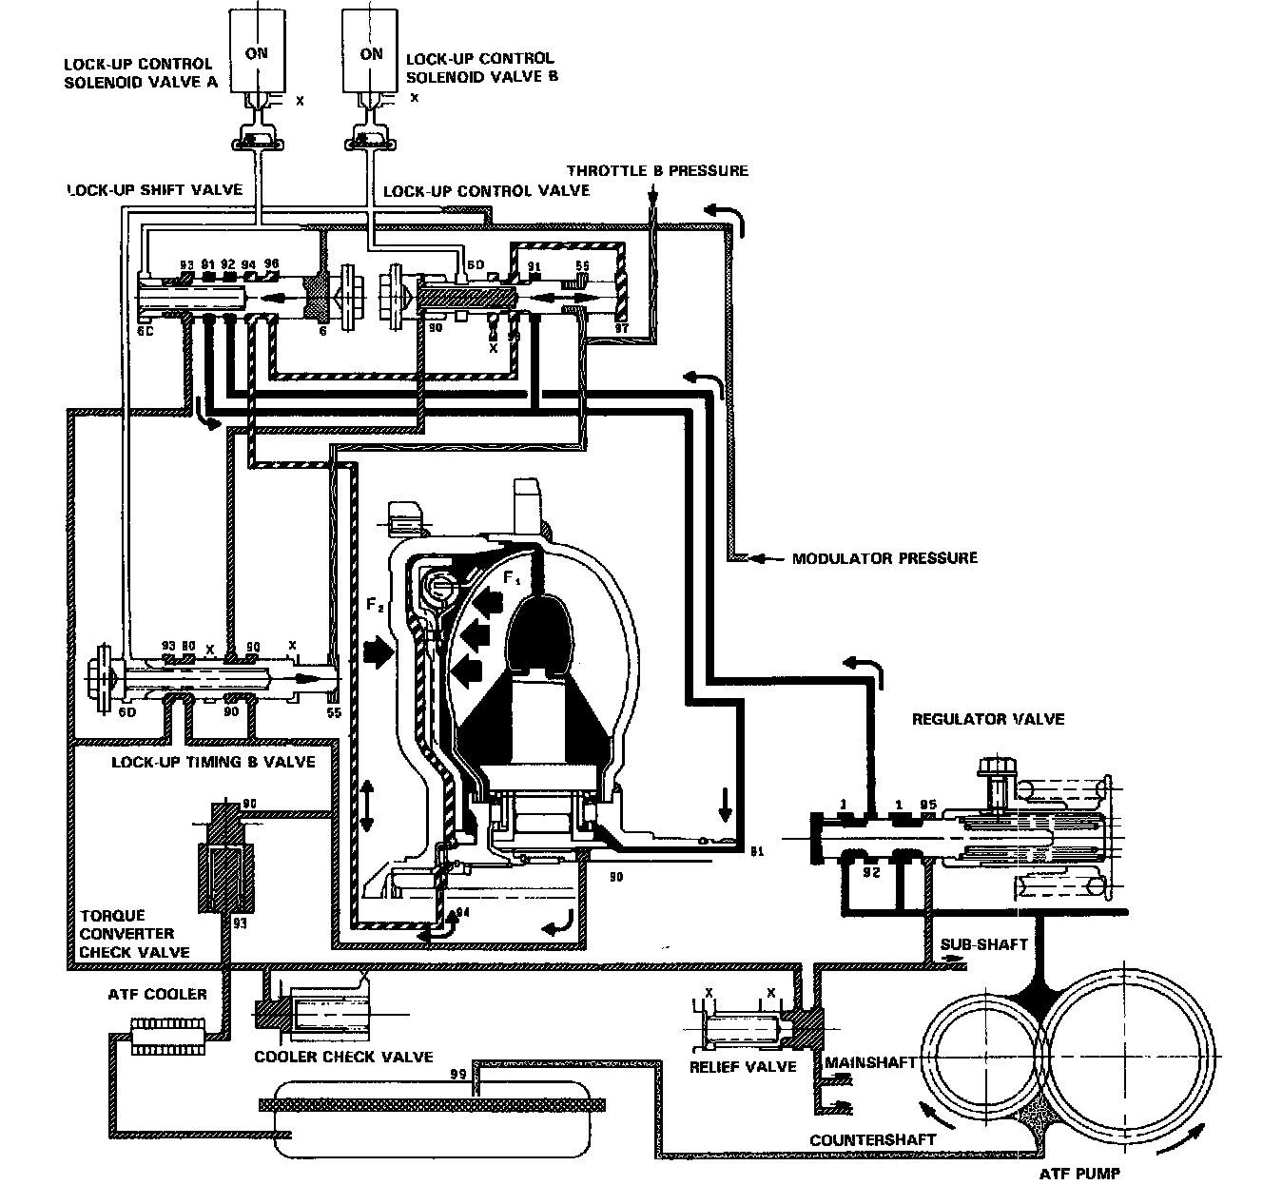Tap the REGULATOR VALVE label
click(x=988, y=719)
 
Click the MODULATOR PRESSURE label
click(x=884, y=558)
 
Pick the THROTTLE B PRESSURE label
click(x=657, y=171)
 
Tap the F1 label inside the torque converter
click(x=513, y=577)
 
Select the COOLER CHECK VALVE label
click(x=343, y=1057)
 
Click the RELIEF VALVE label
click(x=742, y=1066)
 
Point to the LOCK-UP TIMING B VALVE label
click(x=213, y=762)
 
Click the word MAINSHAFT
click(x=868, y=1061)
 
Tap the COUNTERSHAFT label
click(x=872, y=1138)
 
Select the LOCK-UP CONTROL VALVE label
click(x=486, y=190)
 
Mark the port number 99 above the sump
click(x=458, y=1075)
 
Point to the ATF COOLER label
click(x=157, y=995)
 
